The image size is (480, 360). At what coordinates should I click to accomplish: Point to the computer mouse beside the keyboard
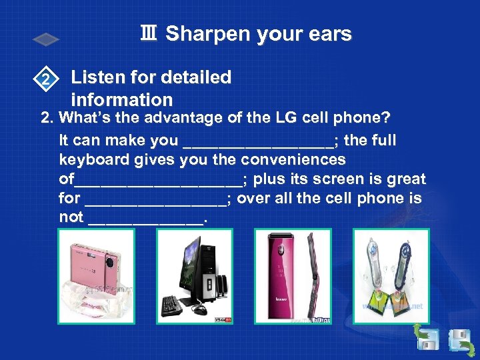click(199, 309)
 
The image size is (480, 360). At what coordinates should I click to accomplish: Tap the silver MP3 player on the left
click(377, 267)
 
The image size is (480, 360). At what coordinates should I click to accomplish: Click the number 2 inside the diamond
click(45, 81)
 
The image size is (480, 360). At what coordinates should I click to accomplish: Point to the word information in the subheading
click(121, 100)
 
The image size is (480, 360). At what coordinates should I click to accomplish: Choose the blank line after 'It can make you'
click(257, 141)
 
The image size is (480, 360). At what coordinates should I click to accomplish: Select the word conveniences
click(293, 160)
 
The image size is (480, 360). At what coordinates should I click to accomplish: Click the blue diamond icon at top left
click(47, 40)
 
